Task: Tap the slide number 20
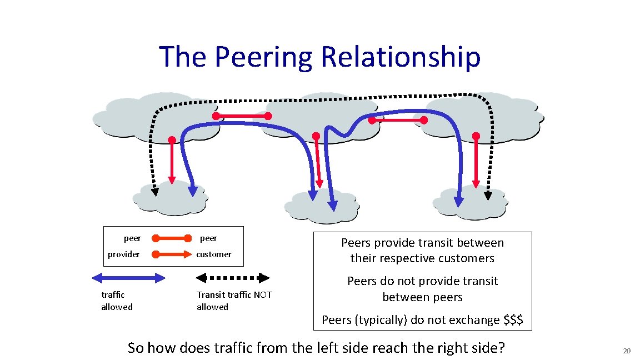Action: pos(627,351)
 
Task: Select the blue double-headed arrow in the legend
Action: pos(128,278)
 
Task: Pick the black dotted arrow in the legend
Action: pos(233,278)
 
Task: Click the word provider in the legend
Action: pos(124,254)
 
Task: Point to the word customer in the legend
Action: pos(214,254)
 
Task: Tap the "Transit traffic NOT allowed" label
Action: pos(234,301)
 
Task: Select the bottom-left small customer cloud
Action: pos(169,199)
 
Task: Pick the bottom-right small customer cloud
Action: pos(469,203)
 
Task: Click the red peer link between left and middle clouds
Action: pos(242,116)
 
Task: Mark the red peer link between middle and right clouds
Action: pos(398,120)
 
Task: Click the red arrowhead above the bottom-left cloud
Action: pos(172,179)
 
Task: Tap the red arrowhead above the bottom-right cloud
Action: pos(476,183)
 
